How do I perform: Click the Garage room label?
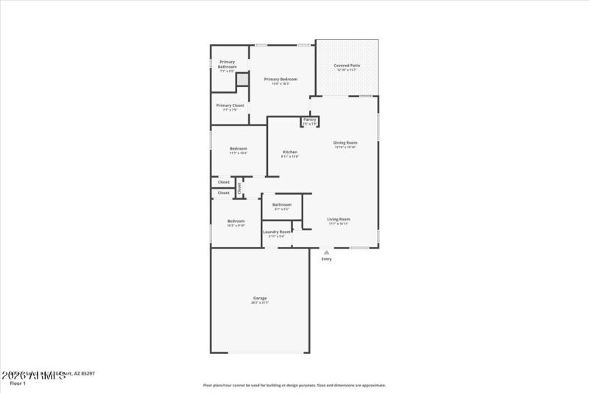[x=259, y=298]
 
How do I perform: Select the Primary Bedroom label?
[x=280, y=79]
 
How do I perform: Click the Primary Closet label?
[x=230, y=105]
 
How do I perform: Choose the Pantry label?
[x=309, y=119]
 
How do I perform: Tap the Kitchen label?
[x=290, y=152]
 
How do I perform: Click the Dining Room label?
[x=345, y=142]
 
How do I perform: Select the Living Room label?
[x=339, y=219]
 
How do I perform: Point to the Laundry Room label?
[x=277, y=232]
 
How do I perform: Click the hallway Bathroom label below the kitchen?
[x=282, y=204]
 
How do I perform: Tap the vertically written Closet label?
[x=239, y=187]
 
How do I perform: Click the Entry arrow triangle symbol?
[x=326, y=252]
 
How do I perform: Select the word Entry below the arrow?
[x=326, y=259]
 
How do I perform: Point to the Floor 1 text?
[x=17, y=383]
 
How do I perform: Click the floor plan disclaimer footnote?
[x=294, y=384]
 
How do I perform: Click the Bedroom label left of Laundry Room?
[x=236, y=221]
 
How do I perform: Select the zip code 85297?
[x=87, y=374]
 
